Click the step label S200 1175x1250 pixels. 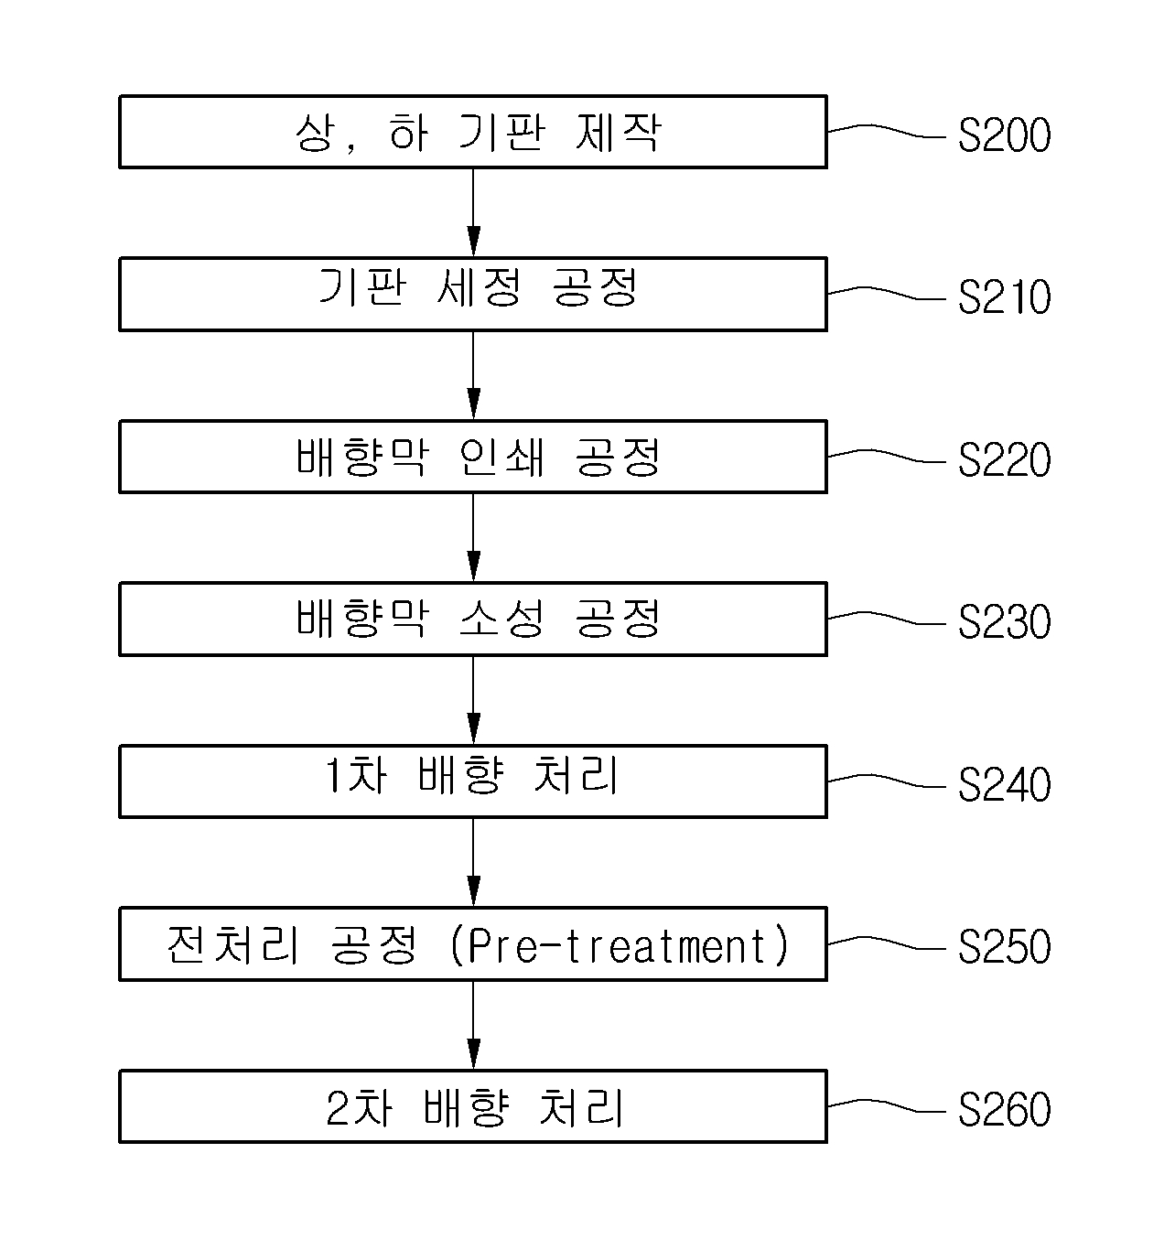point(1005,135)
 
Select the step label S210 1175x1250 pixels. point(1005,297)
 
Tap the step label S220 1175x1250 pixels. point(1005,459)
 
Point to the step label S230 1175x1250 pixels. point(1005,622)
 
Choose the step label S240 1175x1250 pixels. point(1005,784)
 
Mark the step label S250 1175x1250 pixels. point(1005,946)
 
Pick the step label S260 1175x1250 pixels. point(1005,1109)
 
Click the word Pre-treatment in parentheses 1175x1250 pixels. point(619,944)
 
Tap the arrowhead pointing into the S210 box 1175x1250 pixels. point(473,241)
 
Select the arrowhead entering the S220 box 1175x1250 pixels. point(473,404)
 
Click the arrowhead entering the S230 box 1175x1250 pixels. point(473,566)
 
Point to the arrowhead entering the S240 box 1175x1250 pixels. point(473,728)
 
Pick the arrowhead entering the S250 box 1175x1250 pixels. point(473,891)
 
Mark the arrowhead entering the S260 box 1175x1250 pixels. point(473,1053)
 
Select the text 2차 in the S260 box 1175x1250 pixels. point(360,1108)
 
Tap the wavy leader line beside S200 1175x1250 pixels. point(887,131)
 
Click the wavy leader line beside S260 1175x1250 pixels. point(887,1105)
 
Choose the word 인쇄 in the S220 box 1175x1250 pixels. point(501,457)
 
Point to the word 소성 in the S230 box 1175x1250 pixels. point(501,619)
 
